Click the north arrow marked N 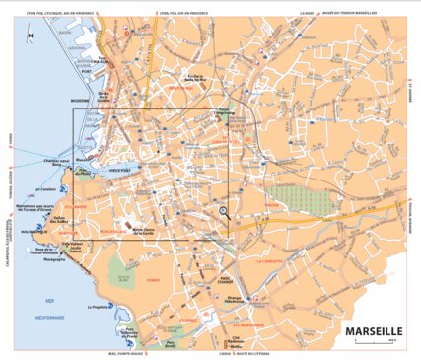click(x=31, y=37)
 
